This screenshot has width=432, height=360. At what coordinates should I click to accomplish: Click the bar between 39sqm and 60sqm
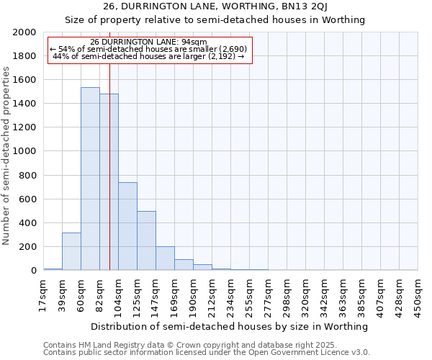pyautogui.click(x=71, y=251)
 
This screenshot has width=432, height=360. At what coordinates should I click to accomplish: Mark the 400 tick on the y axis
pyautogui.click(x=27, y=222)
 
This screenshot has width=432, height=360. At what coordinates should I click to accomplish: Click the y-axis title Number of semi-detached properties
pyautogui.click(x=6, y=155)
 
